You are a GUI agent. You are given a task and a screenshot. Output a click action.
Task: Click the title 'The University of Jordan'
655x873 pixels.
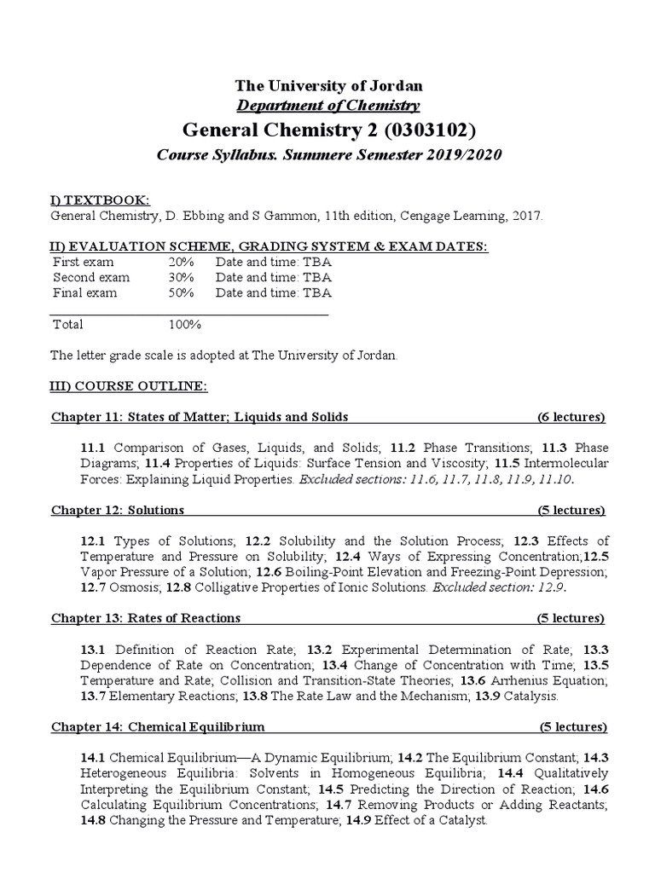coord(328,86)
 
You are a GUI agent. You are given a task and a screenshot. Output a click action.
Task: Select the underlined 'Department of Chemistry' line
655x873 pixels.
coord(328,106)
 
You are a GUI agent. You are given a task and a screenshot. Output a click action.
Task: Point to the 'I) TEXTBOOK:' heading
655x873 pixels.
coord(101,199)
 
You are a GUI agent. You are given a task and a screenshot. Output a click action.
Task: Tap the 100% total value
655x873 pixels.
coord(184,324)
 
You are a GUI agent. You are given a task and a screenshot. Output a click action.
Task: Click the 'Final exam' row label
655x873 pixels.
coord(84,292)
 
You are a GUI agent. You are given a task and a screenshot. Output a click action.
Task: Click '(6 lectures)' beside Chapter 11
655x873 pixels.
coord(571,417)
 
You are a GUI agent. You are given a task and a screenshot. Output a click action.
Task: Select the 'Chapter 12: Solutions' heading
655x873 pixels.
coord(118,510)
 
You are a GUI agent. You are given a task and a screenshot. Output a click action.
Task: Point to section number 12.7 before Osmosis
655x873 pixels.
coord(94,587)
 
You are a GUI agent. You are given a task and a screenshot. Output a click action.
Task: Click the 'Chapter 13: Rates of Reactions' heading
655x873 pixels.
coord(146,617)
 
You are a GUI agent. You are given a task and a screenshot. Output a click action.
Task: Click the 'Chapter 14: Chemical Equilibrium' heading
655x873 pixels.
coord(158,726)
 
